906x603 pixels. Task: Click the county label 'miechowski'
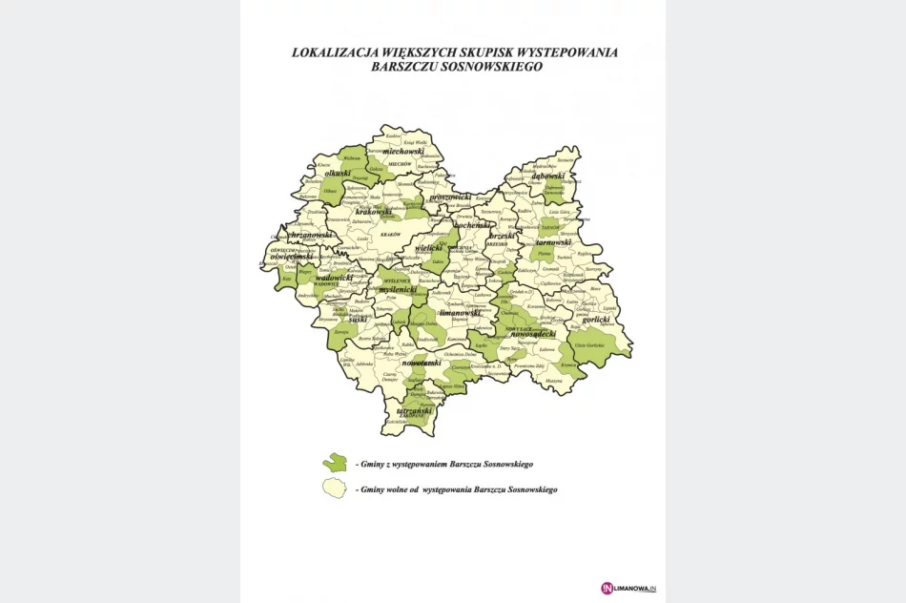click(402, 151)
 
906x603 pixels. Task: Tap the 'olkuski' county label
click(337, 174)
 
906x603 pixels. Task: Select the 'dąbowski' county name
click(547, 176)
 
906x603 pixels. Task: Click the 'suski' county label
click(359, 321)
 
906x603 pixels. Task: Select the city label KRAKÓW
click(389, 234)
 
